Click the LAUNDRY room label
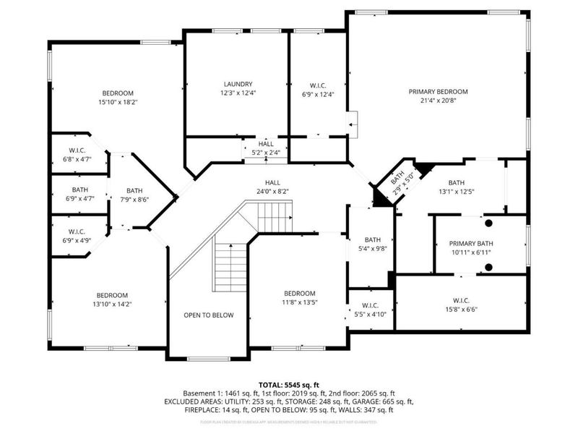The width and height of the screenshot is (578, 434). click(x=237, y=83)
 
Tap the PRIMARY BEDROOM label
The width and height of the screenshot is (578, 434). click(x=439, y=92)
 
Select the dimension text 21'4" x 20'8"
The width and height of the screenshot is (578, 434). click(x=439, y=101)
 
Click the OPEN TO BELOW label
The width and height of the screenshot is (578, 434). click(x=208, y=315)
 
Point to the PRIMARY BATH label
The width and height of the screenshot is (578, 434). click(x=470, y=244)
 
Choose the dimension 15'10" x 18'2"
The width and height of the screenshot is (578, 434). click(x=117, y=103)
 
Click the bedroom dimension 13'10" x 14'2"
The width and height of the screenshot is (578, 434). click(x=113, y=304)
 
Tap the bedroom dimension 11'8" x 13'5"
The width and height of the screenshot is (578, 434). click(x=298, y=302)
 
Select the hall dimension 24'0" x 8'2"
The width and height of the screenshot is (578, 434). click(x=272, y=192)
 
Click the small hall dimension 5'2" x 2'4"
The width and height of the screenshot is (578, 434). click(x=267, y=153)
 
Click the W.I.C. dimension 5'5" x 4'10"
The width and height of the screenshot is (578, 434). click(x=371, y=314)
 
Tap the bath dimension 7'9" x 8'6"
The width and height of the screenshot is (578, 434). click(x=135, y=200)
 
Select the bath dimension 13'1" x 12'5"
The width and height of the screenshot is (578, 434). click(x=457, y=192)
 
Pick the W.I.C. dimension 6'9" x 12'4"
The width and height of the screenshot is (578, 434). click(x=319, y=93)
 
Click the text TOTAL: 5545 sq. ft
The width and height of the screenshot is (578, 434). click(x=289, y=384)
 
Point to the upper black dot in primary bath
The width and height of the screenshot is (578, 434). click(x=489, y=224)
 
